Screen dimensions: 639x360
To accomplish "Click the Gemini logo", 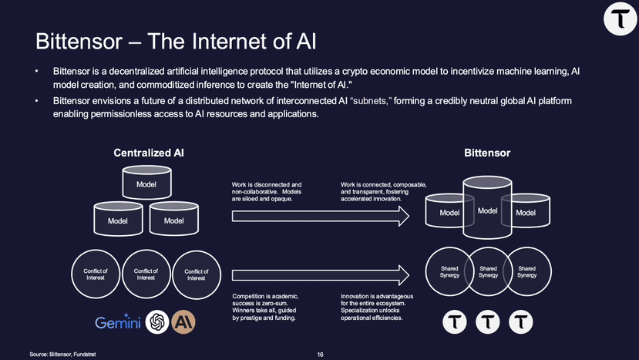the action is (x=117, y=322).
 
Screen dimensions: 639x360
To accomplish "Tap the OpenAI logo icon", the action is (x=157, y=322).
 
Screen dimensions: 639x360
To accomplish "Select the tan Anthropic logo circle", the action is (x=183, y=322).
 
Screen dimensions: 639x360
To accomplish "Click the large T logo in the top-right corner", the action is (x=621, y=19).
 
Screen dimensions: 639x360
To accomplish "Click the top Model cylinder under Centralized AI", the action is (x=146, y=182).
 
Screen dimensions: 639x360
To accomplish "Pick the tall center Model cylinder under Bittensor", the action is (x=487, y=207).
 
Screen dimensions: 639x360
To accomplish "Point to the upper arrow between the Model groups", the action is (x=321, y=216).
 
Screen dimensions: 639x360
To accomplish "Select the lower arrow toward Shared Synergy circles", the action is (x=321, y=275).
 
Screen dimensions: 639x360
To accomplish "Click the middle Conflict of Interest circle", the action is (x=146, y=274).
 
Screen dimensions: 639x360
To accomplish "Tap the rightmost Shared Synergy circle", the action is (x=527, y=271).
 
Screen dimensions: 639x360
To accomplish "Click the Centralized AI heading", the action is (x=149, y=153).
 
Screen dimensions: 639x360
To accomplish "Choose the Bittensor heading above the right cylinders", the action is (x=487, y=153).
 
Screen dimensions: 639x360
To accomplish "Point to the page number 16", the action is (x=321, y=355).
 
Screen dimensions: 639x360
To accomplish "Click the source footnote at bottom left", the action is (x=62, y=355).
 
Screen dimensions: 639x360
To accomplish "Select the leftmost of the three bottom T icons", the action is (x=454, y=322).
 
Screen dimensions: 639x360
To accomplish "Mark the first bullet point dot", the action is (x=36, y=72).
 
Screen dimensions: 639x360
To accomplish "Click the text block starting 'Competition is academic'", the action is (x=265, y=307).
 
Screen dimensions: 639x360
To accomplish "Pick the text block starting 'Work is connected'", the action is (x=384, y=192).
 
